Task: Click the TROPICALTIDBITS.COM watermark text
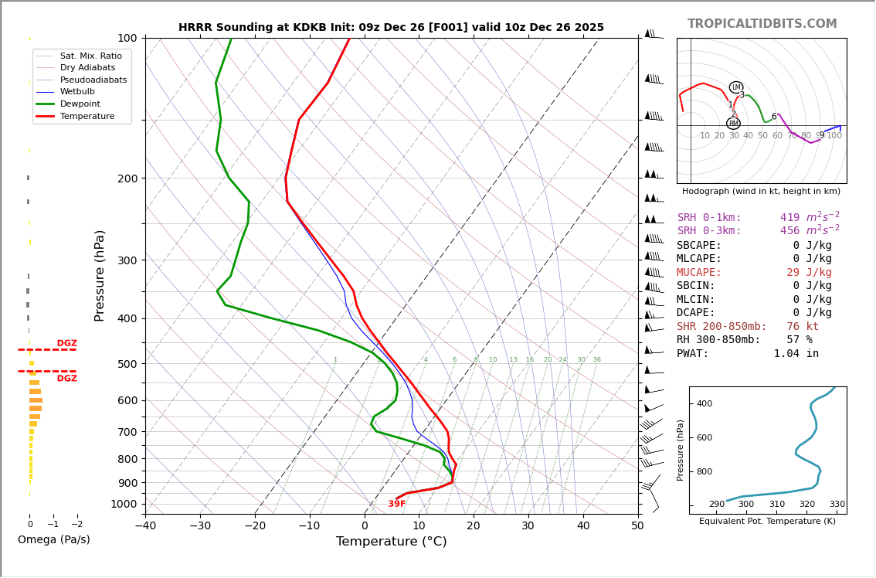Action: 762,24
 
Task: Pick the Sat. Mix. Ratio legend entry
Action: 90,56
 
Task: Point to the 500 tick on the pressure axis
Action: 127,364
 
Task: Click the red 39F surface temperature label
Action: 397,504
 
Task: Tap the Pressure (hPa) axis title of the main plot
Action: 100,275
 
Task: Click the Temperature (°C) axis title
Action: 391,542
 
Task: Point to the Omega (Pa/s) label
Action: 53,540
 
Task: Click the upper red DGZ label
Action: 67,343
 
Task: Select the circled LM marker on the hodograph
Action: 736,87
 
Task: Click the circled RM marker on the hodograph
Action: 733,124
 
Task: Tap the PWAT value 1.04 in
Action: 796,354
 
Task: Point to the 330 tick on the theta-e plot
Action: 837,505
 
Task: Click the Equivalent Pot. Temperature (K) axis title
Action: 767,522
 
